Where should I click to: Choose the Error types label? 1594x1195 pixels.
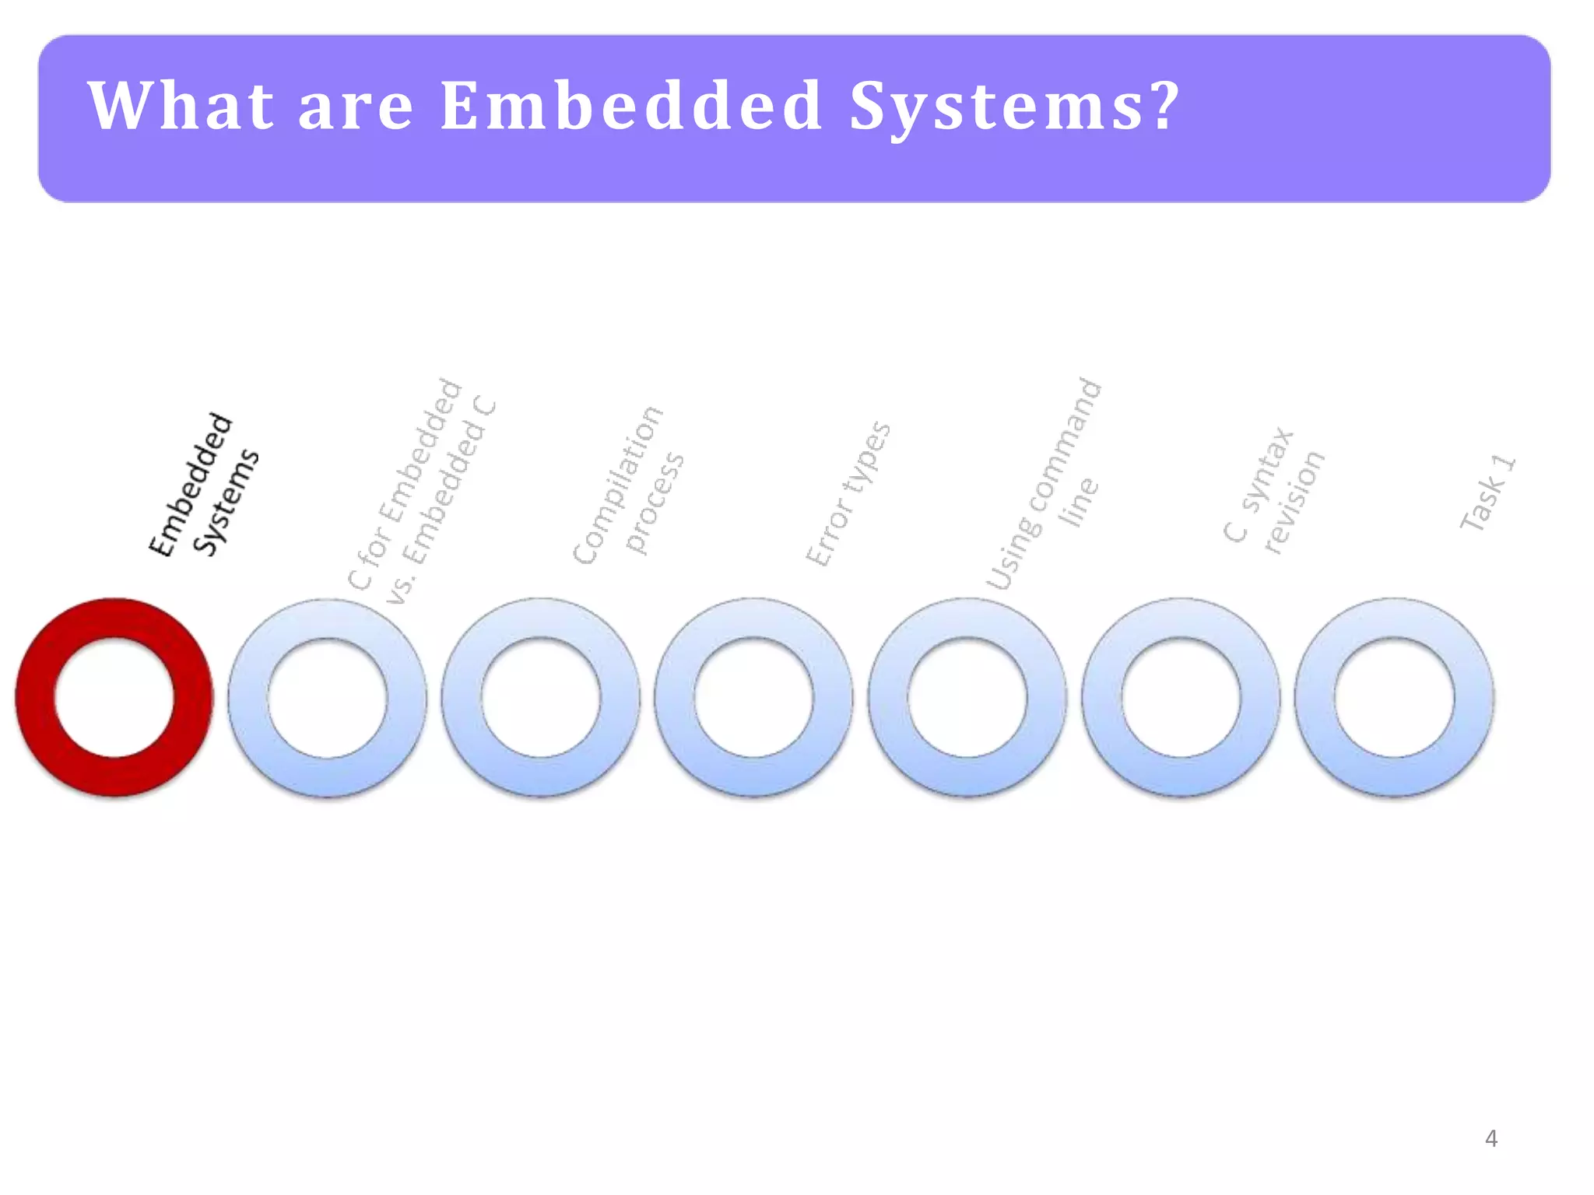[x=848, y=495]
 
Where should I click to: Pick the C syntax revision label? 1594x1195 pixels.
[x=1273, y=490]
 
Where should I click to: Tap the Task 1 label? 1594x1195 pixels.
[x=1487, y=493]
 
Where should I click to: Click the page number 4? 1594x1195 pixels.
[x=1490, y=1139]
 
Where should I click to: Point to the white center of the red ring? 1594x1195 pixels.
[x=114, y=697]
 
